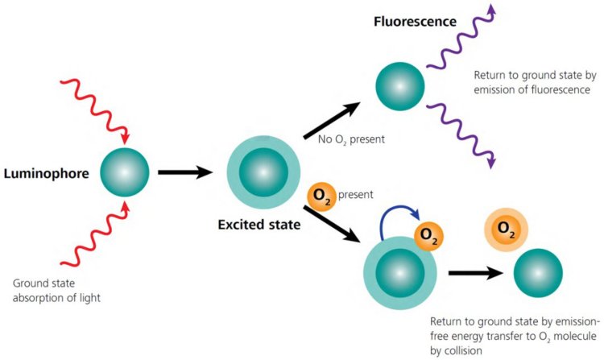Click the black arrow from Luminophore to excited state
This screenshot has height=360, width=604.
[x=184, y=172]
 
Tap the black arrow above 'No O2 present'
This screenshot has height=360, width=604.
[x=332, y=121]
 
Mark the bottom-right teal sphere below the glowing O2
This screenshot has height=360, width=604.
[x=538, y=274]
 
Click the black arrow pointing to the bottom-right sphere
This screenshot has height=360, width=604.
[x=475, y=273]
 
